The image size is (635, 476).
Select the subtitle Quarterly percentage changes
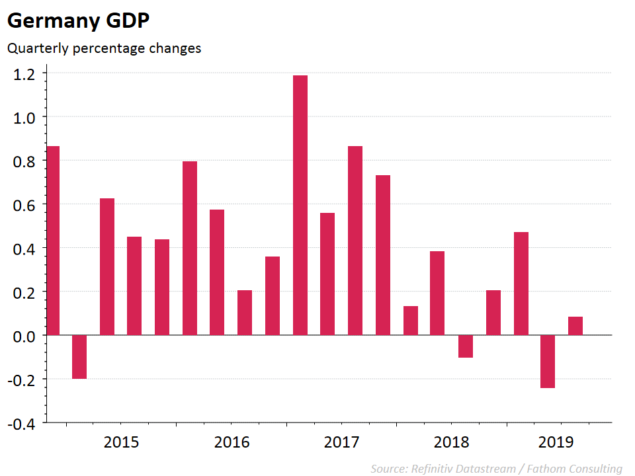pos(104,48)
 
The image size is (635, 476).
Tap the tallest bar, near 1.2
pos(300,205)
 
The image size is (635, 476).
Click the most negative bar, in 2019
pos(547,361)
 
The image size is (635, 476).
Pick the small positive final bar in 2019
pos(575,326)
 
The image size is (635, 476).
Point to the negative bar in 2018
pos(465,346)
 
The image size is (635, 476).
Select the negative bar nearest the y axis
pos(79,357)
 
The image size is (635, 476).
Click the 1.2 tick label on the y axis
pos(25,73)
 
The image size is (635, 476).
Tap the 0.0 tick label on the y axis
pos(25,336)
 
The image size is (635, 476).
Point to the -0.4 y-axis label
pos(22,424)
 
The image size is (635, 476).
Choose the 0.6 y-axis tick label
pos(25,205)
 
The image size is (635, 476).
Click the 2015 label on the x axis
pos(122,442)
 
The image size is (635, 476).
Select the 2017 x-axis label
pos(341,442)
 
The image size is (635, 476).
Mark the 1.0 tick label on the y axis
pos(25,117)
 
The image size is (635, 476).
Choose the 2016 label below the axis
pos(232,442)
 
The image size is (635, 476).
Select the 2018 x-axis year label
pos(451,442)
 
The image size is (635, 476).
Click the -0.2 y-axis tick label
pos(22,379)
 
